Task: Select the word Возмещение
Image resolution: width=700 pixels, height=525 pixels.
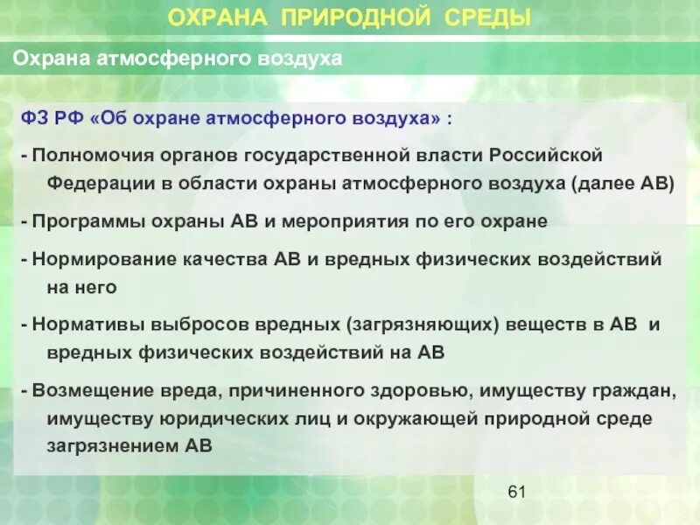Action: pos(84,390)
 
